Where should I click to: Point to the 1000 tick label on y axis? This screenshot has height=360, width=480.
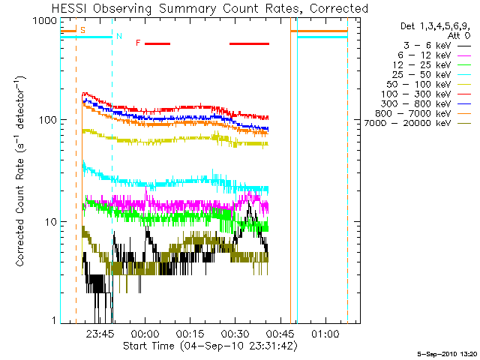pyautogui.click(x=46, y=20)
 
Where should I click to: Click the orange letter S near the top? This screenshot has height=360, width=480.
pyautogui.click(x=82, y=30)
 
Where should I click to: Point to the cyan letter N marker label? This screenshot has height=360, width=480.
pyautogui.click(x=118, y=35)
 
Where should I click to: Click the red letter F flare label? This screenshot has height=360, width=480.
pyautogui.click(x=138, y=43)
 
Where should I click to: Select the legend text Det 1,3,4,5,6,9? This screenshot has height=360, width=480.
pyautogui.click(x=435, y=25)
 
